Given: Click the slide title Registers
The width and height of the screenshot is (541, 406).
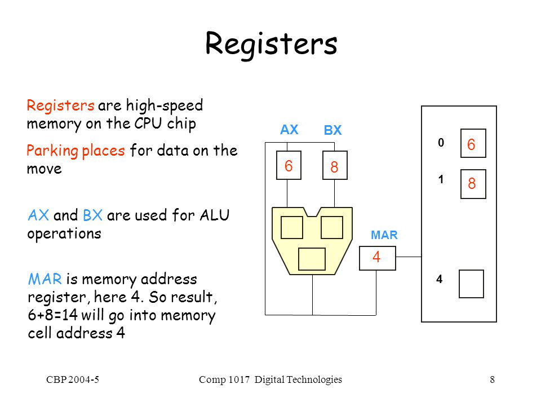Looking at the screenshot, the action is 271,44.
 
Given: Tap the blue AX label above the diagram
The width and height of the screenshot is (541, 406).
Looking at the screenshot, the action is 289,130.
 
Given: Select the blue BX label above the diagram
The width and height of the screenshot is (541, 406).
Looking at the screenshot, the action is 332,130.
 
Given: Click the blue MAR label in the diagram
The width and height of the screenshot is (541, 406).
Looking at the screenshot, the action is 384,235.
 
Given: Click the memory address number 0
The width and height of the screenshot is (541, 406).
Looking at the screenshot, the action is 441,143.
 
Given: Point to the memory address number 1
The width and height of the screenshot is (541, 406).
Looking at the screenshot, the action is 441,179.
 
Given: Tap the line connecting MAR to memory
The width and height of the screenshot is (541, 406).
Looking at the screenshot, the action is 409,257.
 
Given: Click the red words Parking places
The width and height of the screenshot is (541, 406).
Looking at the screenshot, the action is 76,151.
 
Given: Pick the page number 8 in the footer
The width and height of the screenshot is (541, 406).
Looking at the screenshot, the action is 493,379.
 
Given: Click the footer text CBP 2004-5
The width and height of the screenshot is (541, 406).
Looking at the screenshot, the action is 73,379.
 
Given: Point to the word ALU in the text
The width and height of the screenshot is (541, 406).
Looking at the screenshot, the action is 214,215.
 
